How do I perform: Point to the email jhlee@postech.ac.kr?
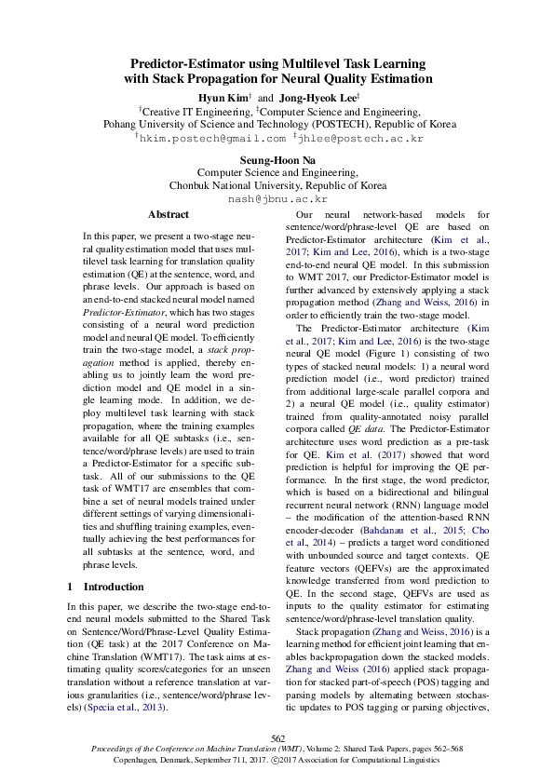[361, 137]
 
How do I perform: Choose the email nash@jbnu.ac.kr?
[277, 198]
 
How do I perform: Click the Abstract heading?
[168, 214]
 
